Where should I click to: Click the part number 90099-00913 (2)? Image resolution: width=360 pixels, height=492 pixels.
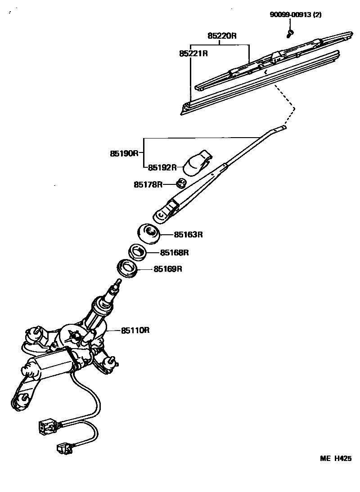pyautogui.click(x=296, y=14)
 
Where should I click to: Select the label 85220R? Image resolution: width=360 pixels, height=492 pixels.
pyautogui.click(x=221, y=36)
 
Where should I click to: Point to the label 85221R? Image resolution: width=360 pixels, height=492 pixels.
pyautogui.click(x=193, y=54)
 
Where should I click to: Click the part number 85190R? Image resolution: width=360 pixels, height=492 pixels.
pyautogui.click(x=124, y=153)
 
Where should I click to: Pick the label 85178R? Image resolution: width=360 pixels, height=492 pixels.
pyautogui.click(x=148, y=184)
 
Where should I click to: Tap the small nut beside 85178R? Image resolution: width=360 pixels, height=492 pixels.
pyautogui.click(x=181, y=183)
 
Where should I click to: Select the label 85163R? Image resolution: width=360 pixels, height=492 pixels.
pyautogui.click(x=189, y=234)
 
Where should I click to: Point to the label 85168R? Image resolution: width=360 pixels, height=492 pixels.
pyautogui.click(x=174, y=252)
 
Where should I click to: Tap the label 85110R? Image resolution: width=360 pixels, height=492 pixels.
pyautogui.click(x=135, y=331)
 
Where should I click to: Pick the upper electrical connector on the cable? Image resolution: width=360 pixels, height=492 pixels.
pyautogui.click(x=46, y=426)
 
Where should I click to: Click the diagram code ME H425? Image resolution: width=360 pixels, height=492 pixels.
pyautogui.click(x=335, y=459)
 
